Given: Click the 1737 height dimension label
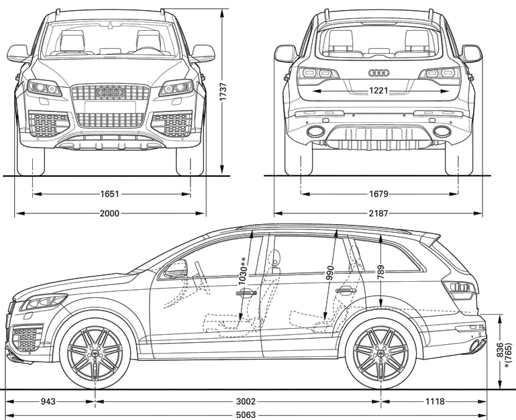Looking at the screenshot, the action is pyautogui.click(x=223, y=91).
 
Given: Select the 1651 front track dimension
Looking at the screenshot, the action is pyautogui.click(x=109, y=194).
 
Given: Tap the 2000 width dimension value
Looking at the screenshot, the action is pyautogui.click(x=109, y=213).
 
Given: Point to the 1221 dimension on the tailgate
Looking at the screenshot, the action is pyautogui.click(x=378, y=90).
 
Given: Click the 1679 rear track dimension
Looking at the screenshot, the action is pyautogui.click(x=378, y=194).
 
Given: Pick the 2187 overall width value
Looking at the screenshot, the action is pyautogui.click(x=378, y=213).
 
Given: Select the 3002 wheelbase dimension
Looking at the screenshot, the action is pyautogui.click(x=246, y=402).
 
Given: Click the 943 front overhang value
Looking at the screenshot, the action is pyautogui.click(x=48, y=402).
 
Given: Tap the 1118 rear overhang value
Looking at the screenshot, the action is pyautogui.click(x=435, y=402).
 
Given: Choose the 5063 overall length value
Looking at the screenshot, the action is pyautogui.click(x=246, y=415).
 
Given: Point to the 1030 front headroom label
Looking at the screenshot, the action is pyautogui.click(x=243, y=270).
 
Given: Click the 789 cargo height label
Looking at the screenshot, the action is pyautogui.click(x=380, y=272).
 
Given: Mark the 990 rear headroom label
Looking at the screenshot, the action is pyautogui.click(x=330, y=273).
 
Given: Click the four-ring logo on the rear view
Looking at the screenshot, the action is pyautogui.click(x=378, y=72).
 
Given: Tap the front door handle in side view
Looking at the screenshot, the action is pyautogui.click(x=246, y=293).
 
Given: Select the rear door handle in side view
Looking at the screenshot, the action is pyautogui.click(x=346, y=291).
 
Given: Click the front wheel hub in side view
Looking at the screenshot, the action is pyautogui.click(x=95, y=353).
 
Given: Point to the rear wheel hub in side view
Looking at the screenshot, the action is pyautogui.click(x=380, y=353).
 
